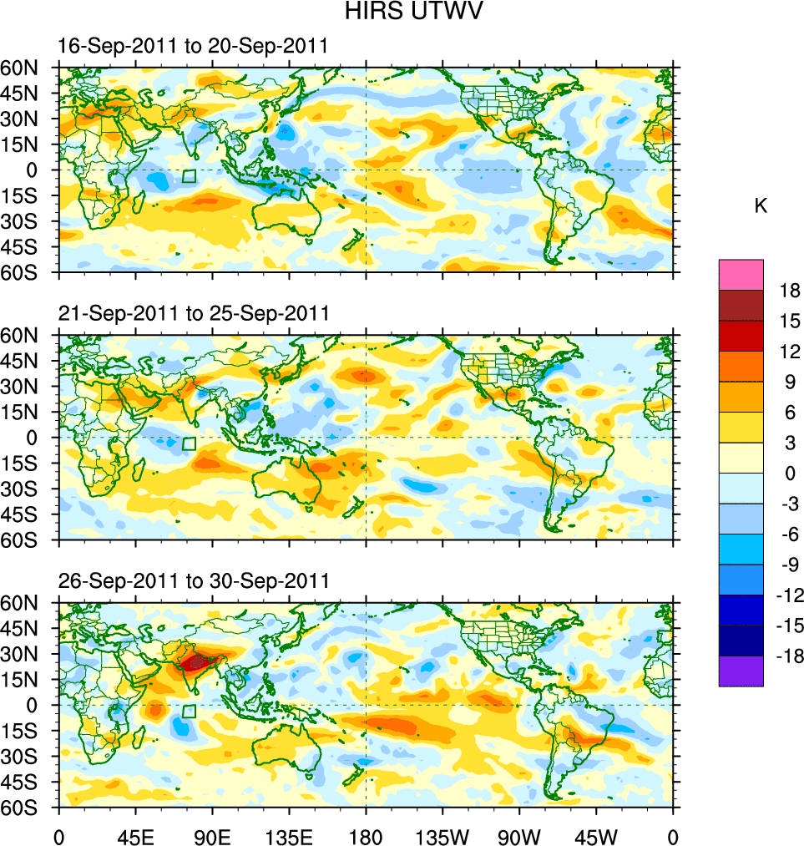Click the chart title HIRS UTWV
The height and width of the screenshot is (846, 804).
point(402,12)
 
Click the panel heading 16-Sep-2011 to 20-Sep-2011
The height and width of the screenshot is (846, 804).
point(194,47)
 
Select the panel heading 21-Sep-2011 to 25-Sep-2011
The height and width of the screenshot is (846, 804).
point(194,314)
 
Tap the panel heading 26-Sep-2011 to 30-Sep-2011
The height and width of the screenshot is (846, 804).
point(194,580)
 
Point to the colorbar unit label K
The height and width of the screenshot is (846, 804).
point(761,206)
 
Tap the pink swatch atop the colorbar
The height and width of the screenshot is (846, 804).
point(741,274)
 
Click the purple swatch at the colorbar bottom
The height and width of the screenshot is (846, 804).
point(741,671)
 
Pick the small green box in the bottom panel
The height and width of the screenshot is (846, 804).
point(190,711)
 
